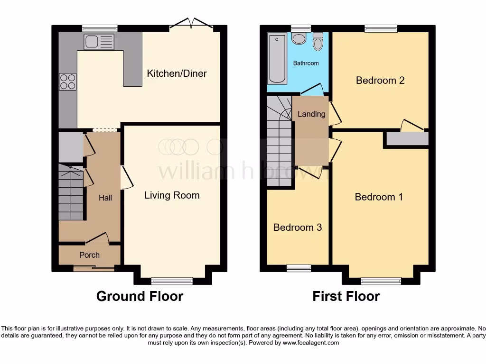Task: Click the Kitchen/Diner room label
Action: click(177, 73)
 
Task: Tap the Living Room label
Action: click(172, 195)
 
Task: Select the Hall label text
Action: click(105, 198)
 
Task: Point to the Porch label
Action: click(89, 255)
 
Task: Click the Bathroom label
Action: click(306, 63)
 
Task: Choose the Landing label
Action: click(311, 114)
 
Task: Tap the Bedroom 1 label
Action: click(379, 197)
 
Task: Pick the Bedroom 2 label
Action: click(380, 80)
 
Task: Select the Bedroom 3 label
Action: click(298, 227)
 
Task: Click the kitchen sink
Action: click(99, 42)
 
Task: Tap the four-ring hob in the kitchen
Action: click(67, 82)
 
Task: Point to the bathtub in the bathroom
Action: click(275, 59)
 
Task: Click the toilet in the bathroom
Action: click(318, 42)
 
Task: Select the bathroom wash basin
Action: click(299, 39)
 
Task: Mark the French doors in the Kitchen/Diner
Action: click(192, 24)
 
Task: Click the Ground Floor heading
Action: click(140, 296)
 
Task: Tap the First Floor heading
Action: click(346, 296)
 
